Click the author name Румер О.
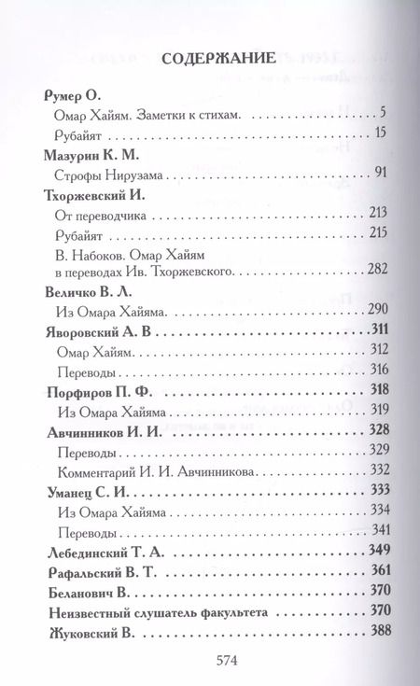click(71, 96)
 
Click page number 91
click(379, 173)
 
